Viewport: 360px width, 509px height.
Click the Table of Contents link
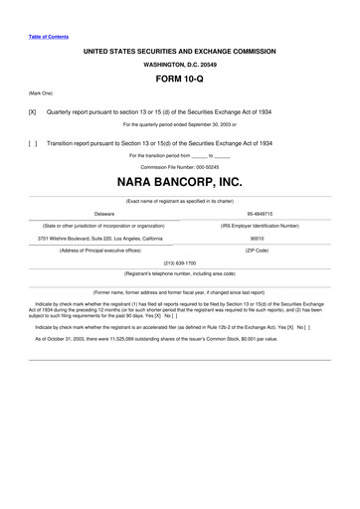coord(49,37)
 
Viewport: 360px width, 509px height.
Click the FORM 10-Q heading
coord(179,77)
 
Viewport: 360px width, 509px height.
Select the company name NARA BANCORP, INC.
coord(179,183)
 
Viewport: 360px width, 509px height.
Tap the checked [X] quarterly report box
coord(33,112)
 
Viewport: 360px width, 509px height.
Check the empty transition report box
coord(33,143)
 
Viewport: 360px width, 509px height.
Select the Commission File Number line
coord(179,167)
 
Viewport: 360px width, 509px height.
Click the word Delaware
coord(104,213)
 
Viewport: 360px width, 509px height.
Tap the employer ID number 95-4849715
coord(260,213)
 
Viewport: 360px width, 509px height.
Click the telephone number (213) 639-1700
coord(179,263)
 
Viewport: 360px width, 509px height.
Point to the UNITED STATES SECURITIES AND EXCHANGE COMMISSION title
coord(179,49)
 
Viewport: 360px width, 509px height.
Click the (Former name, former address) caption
coord(179,292)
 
